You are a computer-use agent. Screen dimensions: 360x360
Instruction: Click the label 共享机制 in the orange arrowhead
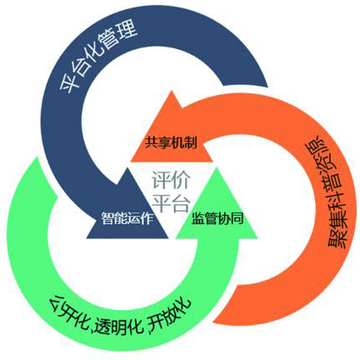171,142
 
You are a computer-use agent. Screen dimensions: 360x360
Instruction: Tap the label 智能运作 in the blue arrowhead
127,217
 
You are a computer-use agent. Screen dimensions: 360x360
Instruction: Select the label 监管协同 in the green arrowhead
217,218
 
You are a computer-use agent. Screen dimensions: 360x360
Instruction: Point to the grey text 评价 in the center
171,181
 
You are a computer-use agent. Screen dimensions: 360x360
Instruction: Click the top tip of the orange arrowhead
172,91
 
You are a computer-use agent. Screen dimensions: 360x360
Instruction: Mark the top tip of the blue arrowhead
127,167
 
